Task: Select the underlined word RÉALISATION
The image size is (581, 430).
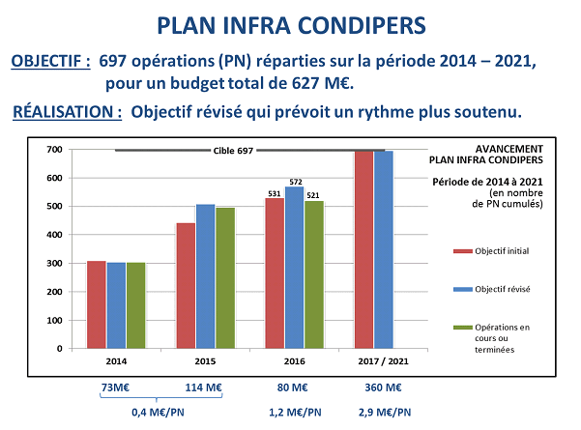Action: [67, 111]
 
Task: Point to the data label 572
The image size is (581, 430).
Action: [295, 181]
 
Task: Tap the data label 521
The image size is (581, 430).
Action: [313, 195]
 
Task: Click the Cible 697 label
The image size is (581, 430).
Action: [233, 151]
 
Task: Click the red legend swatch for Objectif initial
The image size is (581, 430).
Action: [461, 250]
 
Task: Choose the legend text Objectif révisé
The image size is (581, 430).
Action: [505, 288]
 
